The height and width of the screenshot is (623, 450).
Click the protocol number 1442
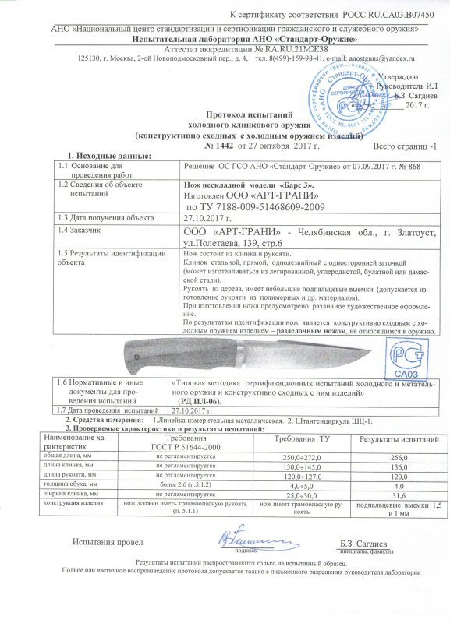221,146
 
